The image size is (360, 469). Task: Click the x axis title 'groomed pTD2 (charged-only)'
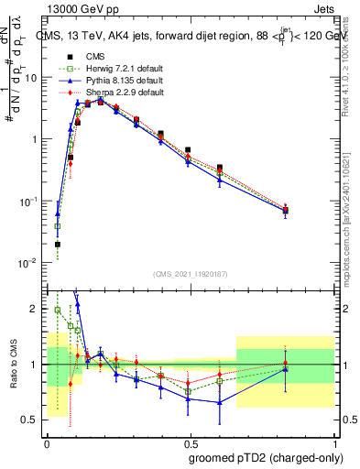coord(266,457)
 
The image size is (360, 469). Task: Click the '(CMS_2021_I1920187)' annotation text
coord(191,273)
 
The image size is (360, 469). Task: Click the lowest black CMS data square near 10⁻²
coord(58,245)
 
